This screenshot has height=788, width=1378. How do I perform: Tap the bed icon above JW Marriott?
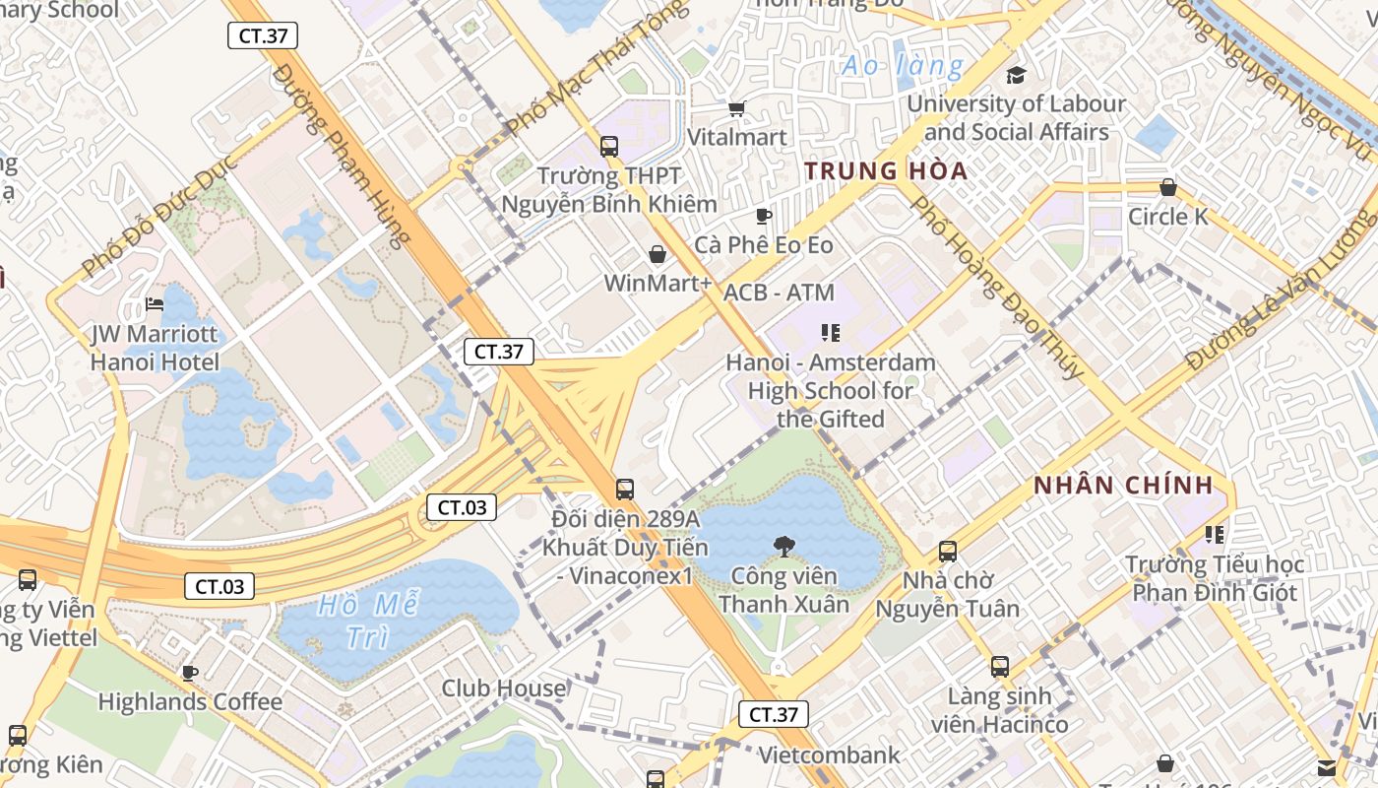pyautogui.click(x=155, y=304)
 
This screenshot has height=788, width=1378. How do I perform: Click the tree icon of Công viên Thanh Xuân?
pyautogui.click(x=783, y=545)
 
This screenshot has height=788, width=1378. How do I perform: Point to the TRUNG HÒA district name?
pyautogui.click(x=886, y=171)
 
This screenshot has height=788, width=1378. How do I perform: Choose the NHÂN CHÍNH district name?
pyautogui.click(x=1123, y=486)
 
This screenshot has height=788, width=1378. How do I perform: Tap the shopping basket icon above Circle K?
pyautogui.click(x=1168, y=187)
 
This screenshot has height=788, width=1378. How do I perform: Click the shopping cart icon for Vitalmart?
pyautogui.click(x=736, y=108)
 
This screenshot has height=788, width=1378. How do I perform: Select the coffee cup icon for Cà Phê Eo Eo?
pyautogui.click(x=763, y=216)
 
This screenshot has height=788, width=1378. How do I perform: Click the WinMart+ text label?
pyautogui.click(x=657, y=284)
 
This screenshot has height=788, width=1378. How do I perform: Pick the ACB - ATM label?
pyautogui.click(x=779, y=293)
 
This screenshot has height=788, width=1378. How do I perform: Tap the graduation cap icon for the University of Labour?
pyautogui.click(x=1016, y=75)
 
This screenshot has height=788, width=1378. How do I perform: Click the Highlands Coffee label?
pyautogui.click(x=190, y=702)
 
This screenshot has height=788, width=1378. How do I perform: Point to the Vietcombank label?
pyautogui.click(x=829, y=755)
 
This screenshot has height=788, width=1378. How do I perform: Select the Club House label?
pyautogui.click(x=503, y=688)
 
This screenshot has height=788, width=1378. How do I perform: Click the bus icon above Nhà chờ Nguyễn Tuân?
pyautogui.click(x=948, y=552)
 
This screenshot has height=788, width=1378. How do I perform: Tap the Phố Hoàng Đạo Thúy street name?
pyautogui.click(x=996, y=287)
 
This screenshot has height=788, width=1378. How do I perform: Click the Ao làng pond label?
pyautogui.click(x=903, y=67)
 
